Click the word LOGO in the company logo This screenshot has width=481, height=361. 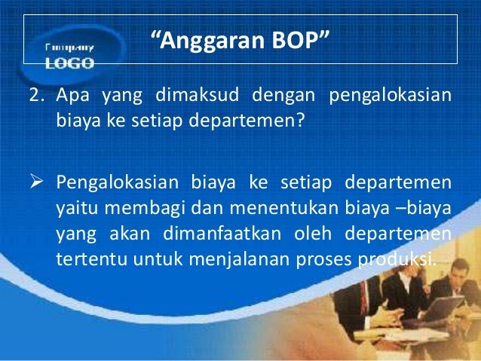click(x=69, y=64)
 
